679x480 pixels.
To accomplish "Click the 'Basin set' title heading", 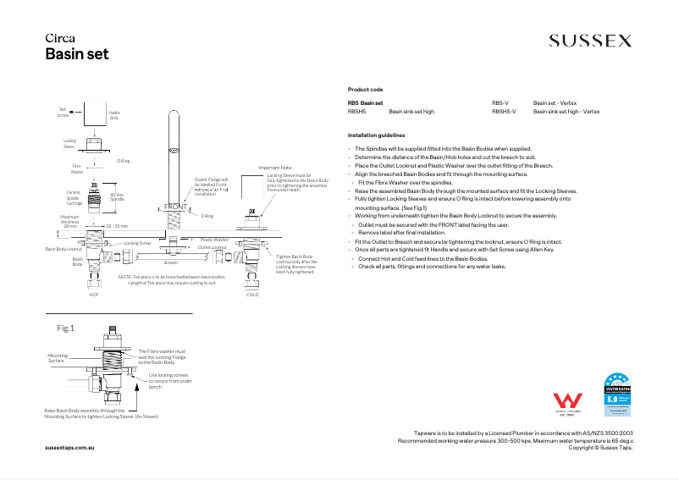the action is pyautogui.click(x=76, y=54).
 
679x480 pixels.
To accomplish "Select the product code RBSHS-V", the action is pyautogui.click(x=504, y=111).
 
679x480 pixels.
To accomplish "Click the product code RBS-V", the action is pyautogui.click(x=500, y=102).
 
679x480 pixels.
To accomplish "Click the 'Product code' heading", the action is pyautogui.click(x=365, y=89).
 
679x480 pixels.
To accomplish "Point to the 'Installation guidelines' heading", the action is pyautogui.click(x=376, y=135).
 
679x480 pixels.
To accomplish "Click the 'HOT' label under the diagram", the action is pyautogui.click(x=94, y=294).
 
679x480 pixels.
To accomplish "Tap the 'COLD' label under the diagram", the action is pyautogui.click(x=252, y=294).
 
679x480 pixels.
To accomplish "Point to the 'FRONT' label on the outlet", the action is pyautogui.click(x=175, y=207).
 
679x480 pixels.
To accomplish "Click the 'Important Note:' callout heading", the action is pyautogui.click(x=275, y=168).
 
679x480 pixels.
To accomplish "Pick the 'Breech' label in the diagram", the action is pyautogui.click(x=171, y=263).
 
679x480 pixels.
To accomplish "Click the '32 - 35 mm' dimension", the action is pyautogui.click(x=116, y=226).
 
